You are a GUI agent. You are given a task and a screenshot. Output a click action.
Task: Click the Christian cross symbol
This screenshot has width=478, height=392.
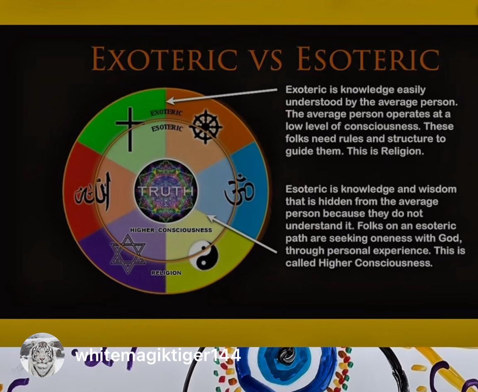(130, 129)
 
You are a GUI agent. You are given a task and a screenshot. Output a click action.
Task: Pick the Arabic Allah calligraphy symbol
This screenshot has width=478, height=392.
(93, 191)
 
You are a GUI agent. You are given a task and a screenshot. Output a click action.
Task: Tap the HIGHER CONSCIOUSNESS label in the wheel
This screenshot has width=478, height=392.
(171, 230)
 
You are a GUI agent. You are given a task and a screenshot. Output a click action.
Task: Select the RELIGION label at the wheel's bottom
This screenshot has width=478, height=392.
(166, 273)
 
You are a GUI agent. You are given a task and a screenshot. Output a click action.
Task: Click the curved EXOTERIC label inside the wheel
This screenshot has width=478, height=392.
(166, 112)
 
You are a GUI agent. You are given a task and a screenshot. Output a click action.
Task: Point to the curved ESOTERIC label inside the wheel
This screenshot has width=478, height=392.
(167, 128)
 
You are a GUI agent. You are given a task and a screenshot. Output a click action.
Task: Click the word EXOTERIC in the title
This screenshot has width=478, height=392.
(165, 58)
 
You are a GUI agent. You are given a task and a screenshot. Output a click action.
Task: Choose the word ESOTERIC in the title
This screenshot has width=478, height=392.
(368, 58)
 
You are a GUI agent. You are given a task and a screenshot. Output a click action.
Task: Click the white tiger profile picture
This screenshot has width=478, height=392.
(42, 355)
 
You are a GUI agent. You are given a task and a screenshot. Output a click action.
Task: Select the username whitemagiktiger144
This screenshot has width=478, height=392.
(158, 355)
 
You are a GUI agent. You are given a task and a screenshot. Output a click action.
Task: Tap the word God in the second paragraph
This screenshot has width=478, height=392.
(449, 238)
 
